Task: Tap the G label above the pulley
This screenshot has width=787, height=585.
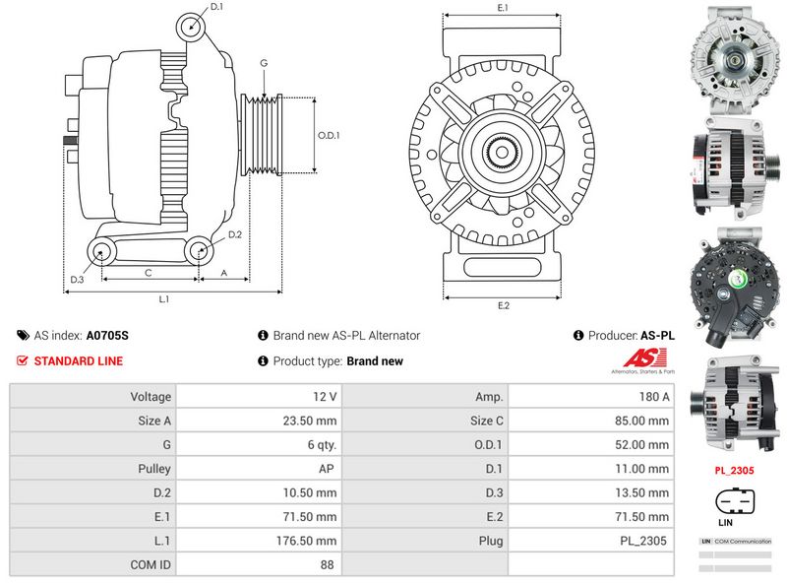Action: coord(264,64)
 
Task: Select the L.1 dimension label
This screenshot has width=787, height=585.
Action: coord(164,298)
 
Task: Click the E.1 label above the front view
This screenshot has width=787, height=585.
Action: coord(503,8)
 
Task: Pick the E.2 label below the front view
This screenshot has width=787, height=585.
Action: coord(503,305)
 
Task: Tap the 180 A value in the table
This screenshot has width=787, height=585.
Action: coord(653,396)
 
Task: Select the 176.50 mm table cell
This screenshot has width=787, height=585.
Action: coord(307,541)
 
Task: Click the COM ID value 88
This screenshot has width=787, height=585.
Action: coord(327,565)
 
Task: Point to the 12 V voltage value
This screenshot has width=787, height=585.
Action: coord(327,396)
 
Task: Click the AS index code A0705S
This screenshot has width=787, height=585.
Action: coord(107,336)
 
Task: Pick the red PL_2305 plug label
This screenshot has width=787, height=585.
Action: coord(734,471)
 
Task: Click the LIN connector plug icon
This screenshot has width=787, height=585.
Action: coord(734,498)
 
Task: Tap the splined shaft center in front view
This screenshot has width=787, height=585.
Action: coord(503,153)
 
